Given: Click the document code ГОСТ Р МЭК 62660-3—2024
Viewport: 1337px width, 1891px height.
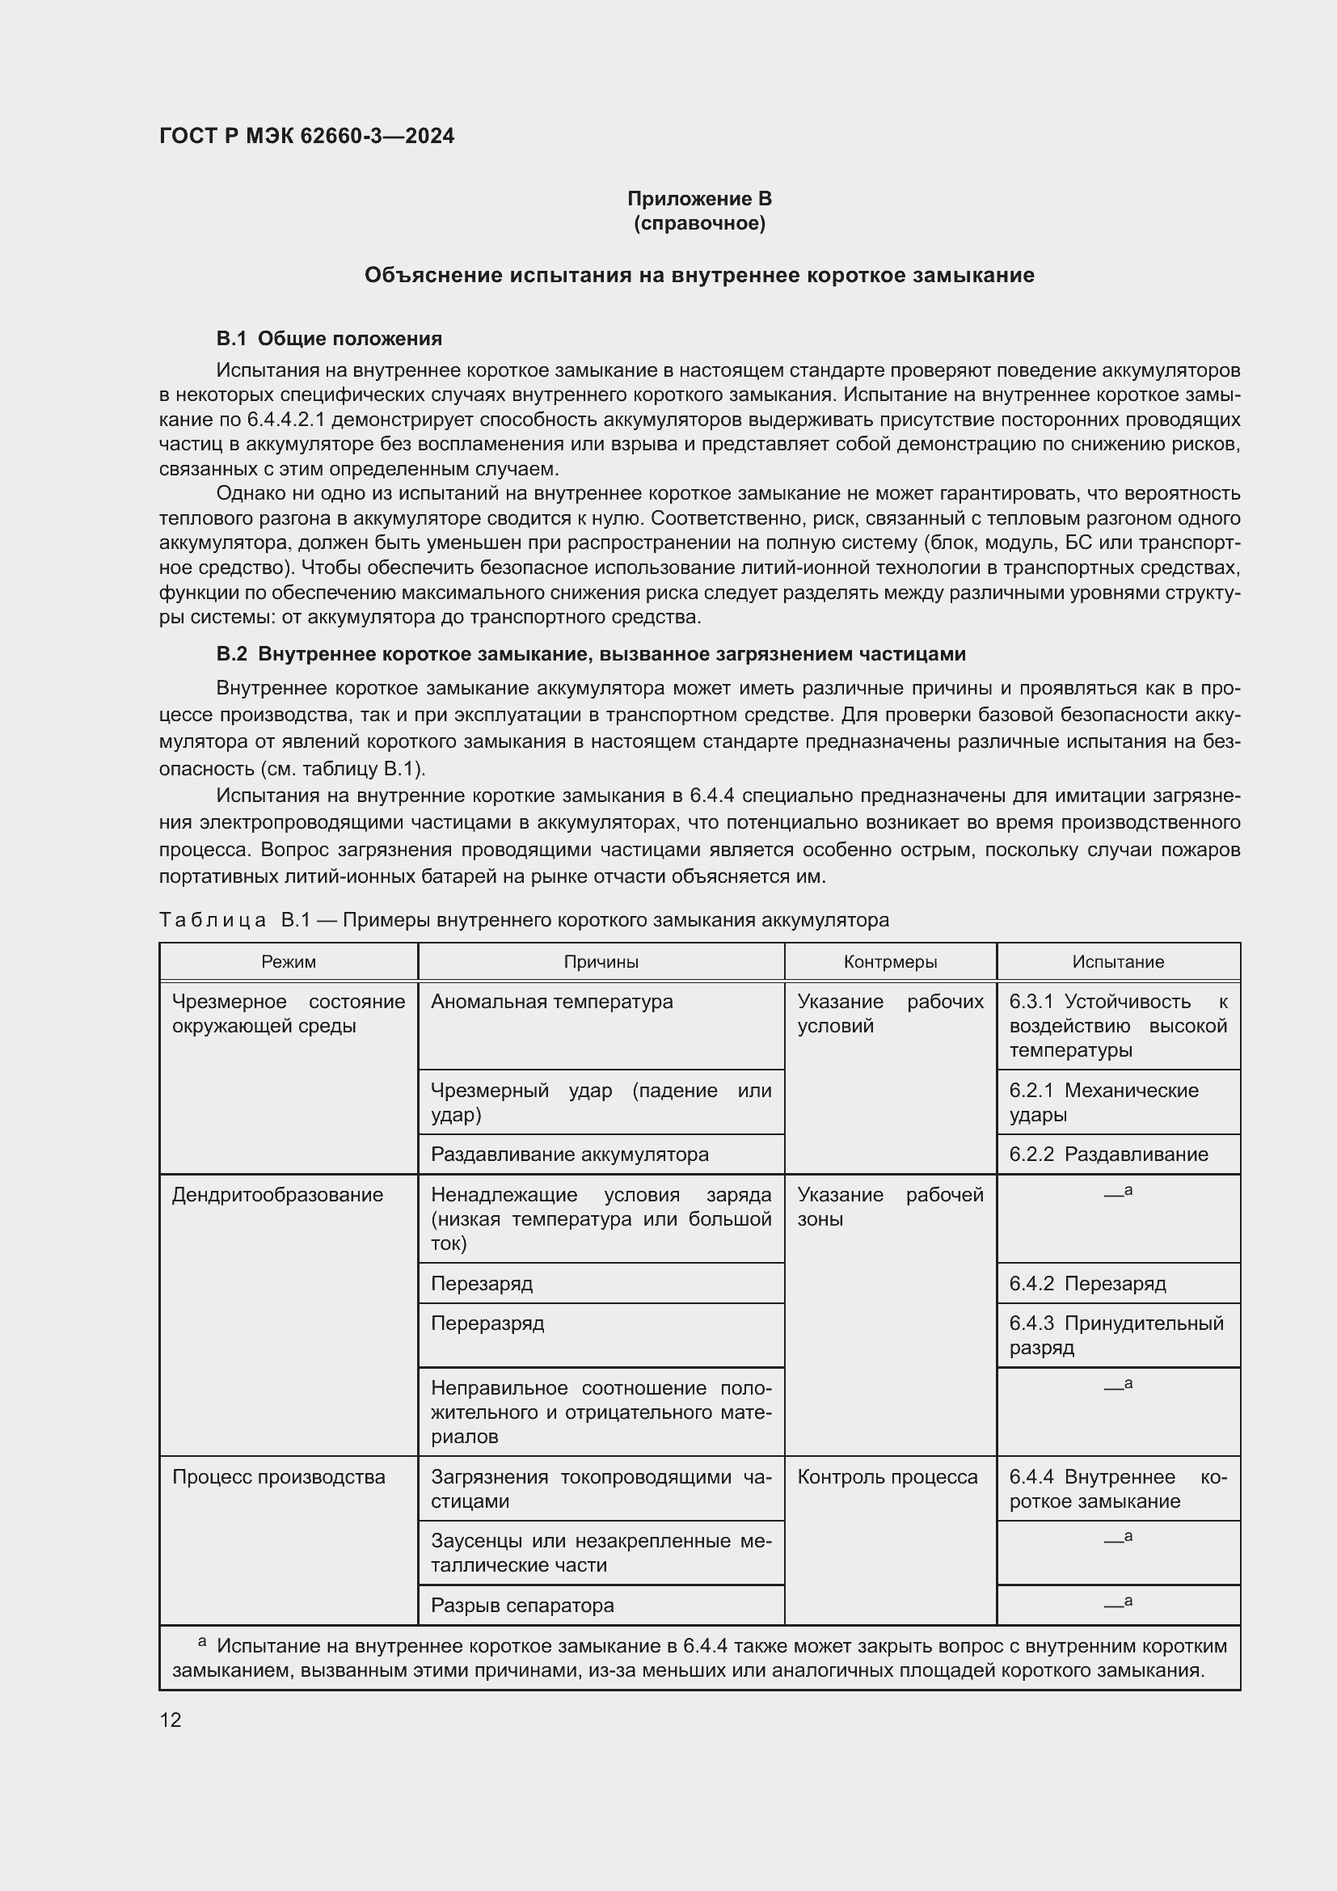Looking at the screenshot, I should click(306, 136).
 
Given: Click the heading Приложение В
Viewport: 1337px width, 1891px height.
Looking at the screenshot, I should click(699, 199).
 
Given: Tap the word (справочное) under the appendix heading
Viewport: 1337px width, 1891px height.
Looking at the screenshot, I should click(699, 223).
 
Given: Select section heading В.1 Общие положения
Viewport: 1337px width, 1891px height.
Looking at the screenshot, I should click(328, 339).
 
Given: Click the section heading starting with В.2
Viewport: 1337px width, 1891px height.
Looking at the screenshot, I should click(590, 654).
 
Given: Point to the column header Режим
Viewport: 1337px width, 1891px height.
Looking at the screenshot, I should click(288, 961).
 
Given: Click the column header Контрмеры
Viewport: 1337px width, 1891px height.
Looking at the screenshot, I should click(890, 961).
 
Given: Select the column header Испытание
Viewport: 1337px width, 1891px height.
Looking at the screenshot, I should click(1117, 961).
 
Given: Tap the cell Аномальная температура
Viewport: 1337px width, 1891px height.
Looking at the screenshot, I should click(551, 1002).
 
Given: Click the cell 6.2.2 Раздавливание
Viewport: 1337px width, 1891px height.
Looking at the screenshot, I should click(1108, 1154).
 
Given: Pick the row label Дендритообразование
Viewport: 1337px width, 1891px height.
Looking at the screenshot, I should click(277, 1194).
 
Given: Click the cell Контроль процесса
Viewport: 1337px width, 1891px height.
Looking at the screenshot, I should click(887, 1477).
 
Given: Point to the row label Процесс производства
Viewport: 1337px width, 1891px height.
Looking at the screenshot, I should click(278, 1477).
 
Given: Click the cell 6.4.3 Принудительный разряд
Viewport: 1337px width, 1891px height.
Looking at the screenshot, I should click(1116, 1335).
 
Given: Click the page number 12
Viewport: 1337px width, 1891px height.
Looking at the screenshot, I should click(171, 1720).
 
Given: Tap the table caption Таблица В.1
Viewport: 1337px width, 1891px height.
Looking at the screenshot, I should click(524, 920).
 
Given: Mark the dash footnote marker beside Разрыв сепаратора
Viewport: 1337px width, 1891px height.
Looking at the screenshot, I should click(1117, 1603).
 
